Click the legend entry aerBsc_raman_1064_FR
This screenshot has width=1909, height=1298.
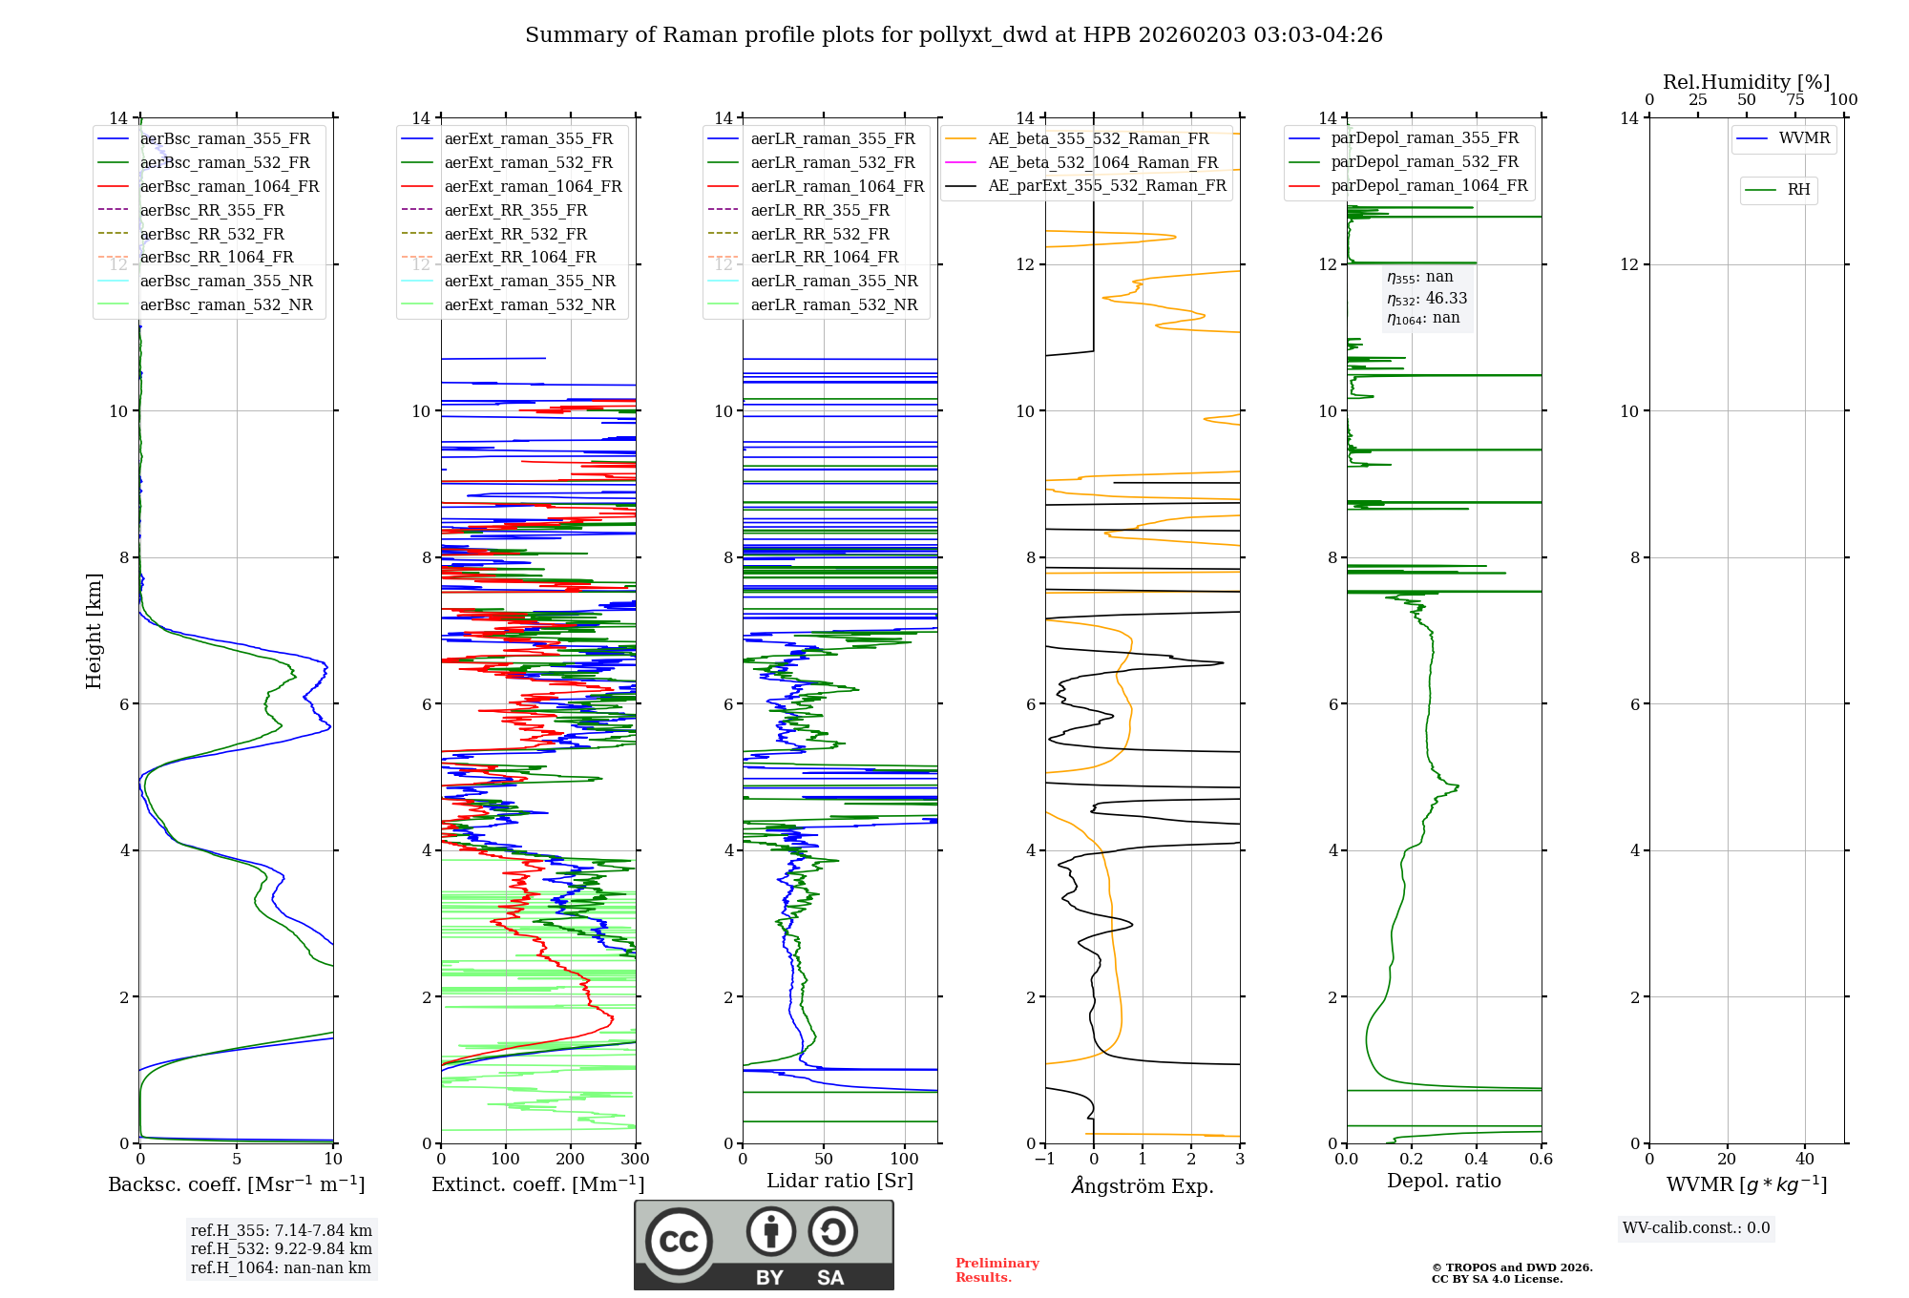229,187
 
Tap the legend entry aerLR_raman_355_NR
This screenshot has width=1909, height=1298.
833,281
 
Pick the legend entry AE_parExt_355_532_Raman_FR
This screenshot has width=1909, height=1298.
1107,185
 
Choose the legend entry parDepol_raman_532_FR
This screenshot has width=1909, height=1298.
1424,162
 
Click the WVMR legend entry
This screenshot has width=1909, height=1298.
1804,138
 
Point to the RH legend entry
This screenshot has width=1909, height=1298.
1798,190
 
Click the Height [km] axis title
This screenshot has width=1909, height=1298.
94,631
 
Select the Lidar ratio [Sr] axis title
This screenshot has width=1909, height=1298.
840,1181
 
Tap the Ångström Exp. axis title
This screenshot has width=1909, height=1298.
1143,1185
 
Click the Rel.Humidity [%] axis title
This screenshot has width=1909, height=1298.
1746,82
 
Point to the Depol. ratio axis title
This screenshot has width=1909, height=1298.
1443,1181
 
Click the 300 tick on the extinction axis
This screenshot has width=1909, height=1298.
635,1160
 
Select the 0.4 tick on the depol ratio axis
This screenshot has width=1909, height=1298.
1476,1160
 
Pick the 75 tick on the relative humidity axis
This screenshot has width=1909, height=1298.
1795,100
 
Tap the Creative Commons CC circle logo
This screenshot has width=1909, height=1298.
679,1242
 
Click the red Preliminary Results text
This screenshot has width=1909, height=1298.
996,1270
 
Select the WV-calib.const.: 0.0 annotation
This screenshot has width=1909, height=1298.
1695,1228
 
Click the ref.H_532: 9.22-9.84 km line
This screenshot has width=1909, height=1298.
281,1249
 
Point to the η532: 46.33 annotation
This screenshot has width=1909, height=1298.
1427,299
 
